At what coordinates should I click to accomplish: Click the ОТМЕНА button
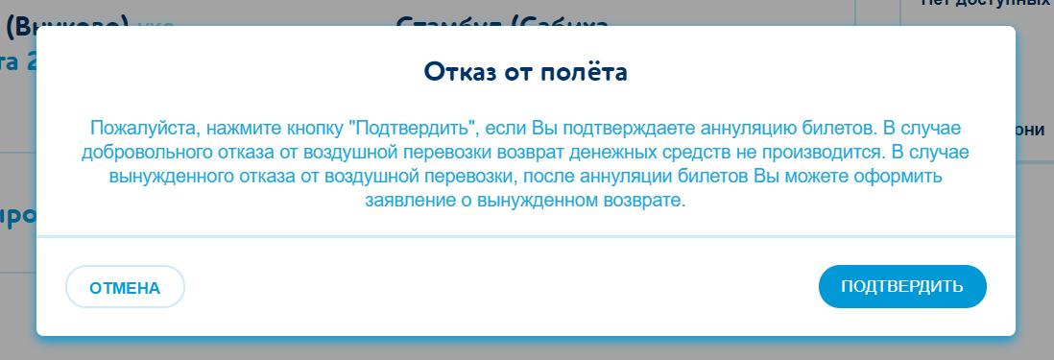click(x=125, y=287)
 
